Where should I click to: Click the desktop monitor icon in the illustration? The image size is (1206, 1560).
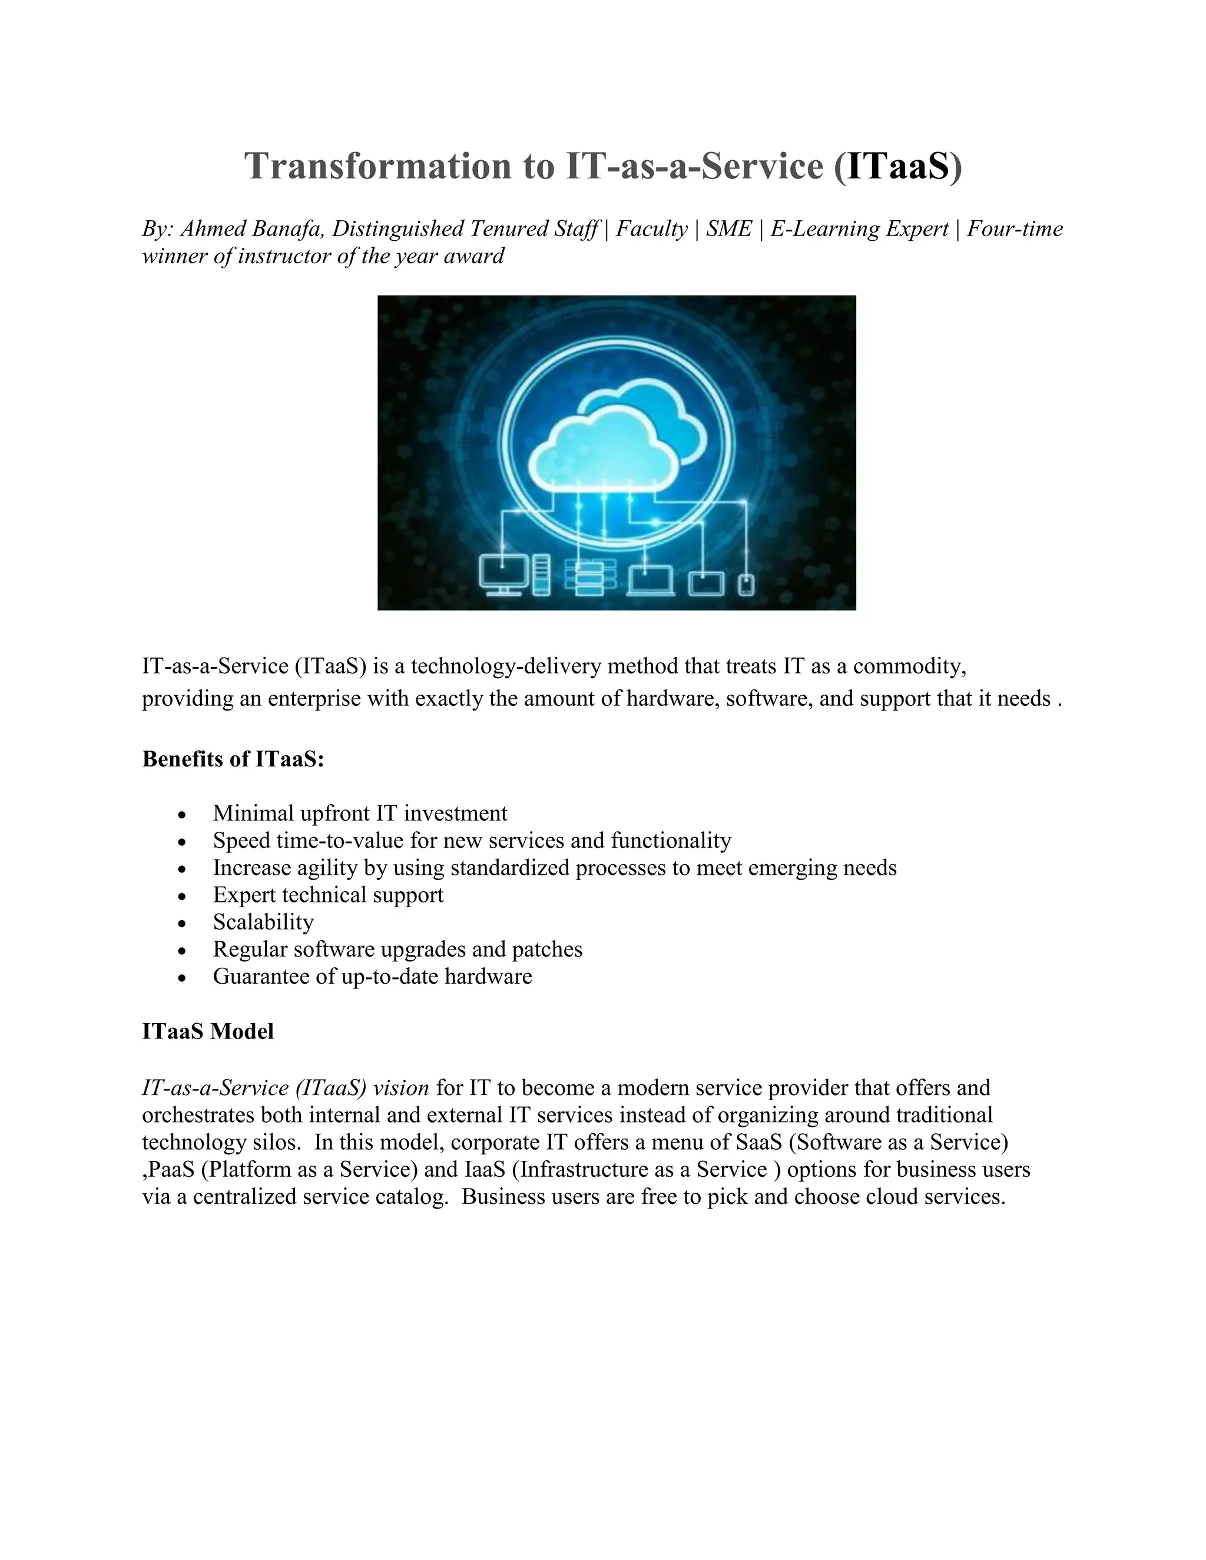click(x=502, y=575)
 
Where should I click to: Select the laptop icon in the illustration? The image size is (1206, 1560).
click(x=651, y=580)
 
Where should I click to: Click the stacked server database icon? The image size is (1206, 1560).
click(x=590, y=577)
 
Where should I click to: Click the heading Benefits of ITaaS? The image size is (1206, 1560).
click(x=233, y=759)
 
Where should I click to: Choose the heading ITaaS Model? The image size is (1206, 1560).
click(x=208, y=1032)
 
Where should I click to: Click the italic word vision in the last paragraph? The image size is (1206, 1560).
click(x=401, y=1088)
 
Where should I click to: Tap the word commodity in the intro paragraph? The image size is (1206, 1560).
click(x=909, y=666)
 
